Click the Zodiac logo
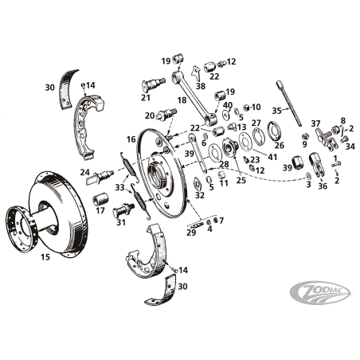click(320, 293)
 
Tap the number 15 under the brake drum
click(45, 256)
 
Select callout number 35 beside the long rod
click(276, 111)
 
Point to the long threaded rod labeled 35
click(290, 104)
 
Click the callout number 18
click(182, 100)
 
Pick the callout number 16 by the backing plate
click(131, 139)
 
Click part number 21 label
click(146, 98)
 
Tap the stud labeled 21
click(154, 84)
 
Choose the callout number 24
click(85, 172)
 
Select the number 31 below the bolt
click(121, 222)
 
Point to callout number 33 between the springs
click(119, 187)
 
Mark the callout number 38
click(201, 86)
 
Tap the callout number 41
click(272, 157)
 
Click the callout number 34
click(350, 147)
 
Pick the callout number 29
click(191, 233)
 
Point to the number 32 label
click(200, 195)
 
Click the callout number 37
click(315, 123)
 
